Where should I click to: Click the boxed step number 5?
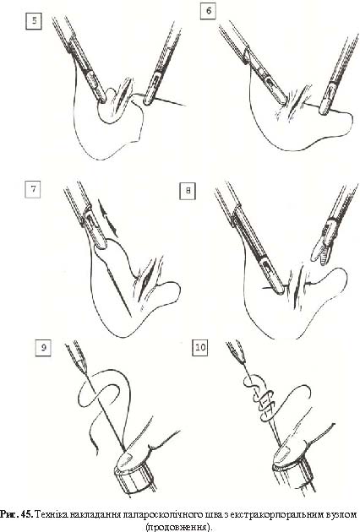tap(34, 21)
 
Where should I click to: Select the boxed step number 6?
tap(209, 11)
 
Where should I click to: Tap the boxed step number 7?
tap(33, 189)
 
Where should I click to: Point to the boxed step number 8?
tap(188, 192)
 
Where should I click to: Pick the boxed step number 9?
tap(43, 347)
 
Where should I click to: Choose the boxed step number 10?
tap(199, 347)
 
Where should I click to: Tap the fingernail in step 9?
tap(125, 460)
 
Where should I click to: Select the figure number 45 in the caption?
tap(27, 514)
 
